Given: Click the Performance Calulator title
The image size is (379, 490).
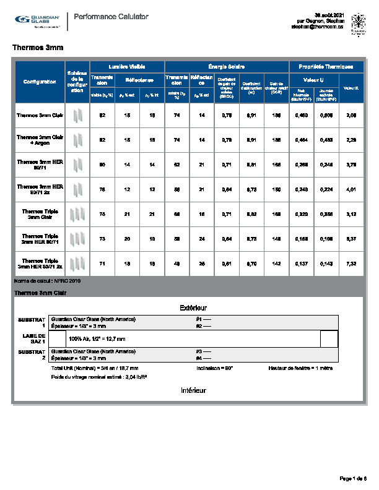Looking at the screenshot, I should tap(111, 17).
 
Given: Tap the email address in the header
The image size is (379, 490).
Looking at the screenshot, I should tap(317, 28).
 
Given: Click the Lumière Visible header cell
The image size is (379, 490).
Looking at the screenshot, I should tap(127, 66).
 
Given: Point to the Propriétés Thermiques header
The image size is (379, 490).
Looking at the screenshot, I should tap(326, 66).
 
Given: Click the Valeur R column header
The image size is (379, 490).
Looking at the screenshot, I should tap(351, 88).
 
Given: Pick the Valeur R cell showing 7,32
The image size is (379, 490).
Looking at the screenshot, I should tap(351, 263).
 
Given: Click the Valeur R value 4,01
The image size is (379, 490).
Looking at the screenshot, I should tap(351, 189).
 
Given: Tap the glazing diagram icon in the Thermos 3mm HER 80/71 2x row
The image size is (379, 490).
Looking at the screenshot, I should tap(77, 189).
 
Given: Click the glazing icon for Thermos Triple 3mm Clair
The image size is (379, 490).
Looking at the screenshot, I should tap(77, 214).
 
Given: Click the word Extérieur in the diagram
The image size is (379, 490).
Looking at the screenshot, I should tap(193, 307).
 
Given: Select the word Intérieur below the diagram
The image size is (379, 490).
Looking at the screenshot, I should tap(193, 390).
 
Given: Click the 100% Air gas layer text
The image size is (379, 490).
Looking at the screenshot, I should tap(97, 339).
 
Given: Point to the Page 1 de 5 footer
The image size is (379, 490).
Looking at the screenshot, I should tap(353, 478).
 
